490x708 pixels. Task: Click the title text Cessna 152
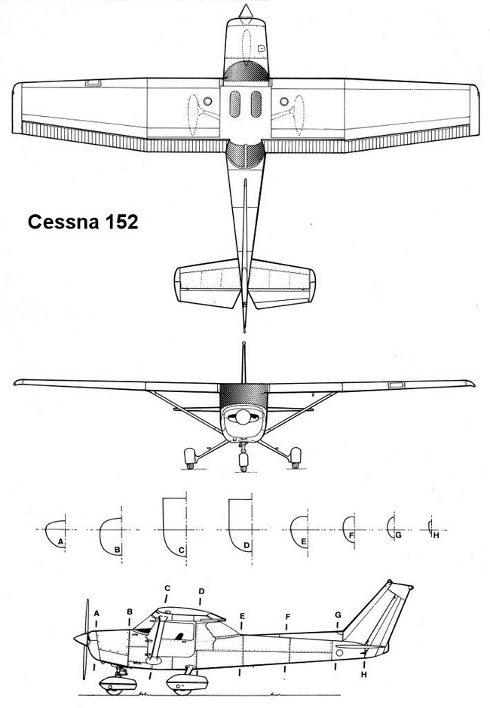83,222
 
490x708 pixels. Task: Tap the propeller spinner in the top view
245,11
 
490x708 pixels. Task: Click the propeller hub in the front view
243,418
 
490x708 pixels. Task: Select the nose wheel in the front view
243,461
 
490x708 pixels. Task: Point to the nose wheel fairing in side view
118,684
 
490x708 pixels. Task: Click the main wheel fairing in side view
187,683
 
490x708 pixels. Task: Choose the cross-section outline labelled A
55,533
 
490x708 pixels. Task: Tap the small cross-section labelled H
430,526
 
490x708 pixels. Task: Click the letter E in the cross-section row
304,541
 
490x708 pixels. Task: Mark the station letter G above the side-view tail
338,615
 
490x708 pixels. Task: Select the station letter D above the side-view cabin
201,591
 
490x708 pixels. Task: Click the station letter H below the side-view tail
363,675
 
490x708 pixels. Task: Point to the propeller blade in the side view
86,639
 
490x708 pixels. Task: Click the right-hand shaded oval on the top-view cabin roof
256,104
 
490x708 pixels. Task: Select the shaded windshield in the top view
246,72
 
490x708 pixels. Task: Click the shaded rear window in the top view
245,154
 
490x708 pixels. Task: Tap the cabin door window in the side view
178,631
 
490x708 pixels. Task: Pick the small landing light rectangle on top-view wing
93,83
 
